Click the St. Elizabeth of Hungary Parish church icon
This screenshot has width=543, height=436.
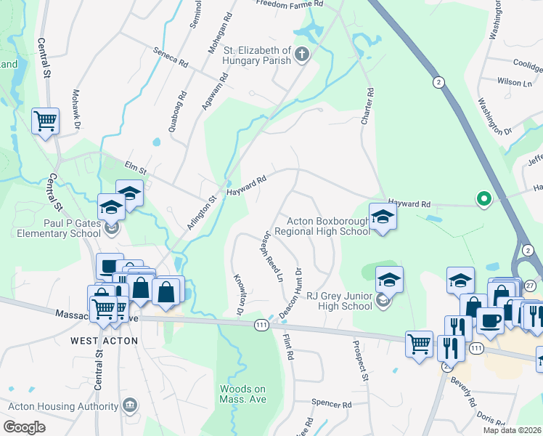[301, 54]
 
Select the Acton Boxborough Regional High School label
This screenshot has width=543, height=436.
[328, 226]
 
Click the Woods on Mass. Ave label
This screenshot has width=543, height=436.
[242, 394]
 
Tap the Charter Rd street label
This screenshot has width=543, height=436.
[368, 106]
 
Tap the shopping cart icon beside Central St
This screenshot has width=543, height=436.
[45, 121]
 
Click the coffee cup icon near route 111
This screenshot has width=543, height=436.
[490, 320]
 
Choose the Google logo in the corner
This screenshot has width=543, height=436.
[24, 427]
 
